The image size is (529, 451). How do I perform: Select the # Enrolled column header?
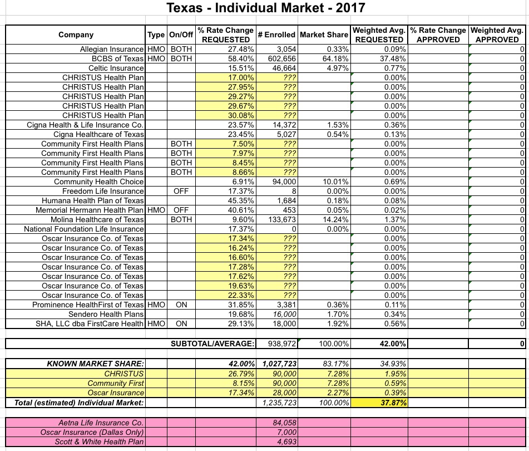point(276,35)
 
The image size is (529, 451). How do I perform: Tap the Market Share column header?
point(324,35)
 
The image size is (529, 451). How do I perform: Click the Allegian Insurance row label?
point(112,50)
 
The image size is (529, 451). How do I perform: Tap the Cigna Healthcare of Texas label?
point(98,134)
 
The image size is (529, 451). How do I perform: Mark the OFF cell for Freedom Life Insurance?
point(181,191)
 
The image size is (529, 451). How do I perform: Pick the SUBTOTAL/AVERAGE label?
point(212,344)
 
